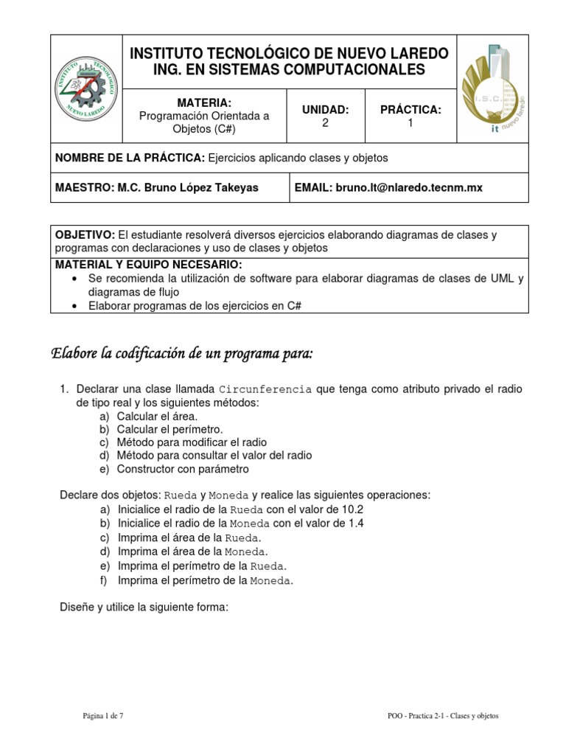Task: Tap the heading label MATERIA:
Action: point(204,102)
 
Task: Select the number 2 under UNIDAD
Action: point(325,123)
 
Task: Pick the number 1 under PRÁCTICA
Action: point(410,123)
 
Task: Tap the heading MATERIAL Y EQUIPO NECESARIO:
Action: point(148,265)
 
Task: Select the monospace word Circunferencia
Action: point(265,389)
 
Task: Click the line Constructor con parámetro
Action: point(183,468)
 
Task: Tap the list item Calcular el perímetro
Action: point(170,428)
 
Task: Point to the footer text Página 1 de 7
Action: point(102,714)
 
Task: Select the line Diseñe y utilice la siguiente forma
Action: point(144,608)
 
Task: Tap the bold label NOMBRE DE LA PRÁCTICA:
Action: point(130,158)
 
